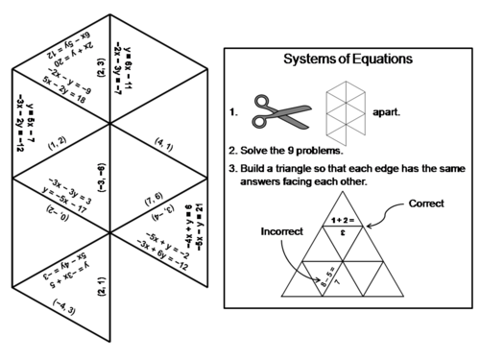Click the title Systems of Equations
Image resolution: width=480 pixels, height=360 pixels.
tap(348, 59)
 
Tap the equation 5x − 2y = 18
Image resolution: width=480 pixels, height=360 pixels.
tap(63, 100)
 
